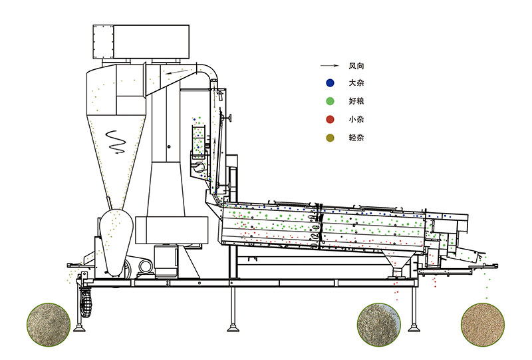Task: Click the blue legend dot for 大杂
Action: click(x=330, y=83)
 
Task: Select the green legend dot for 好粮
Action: click(x=330, y=101)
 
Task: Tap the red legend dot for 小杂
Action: click(x=330, y=119)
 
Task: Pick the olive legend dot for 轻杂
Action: click(x=330, y=138)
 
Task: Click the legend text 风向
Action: click(x=356, y=66)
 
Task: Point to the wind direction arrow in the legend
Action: click(x=329, y=66)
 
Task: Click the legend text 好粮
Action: click(x=356, y=101)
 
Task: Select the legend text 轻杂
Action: click(x=356, y=138)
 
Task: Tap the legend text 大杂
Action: click(x=356, y=83)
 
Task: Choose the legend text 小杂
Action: click(x=356, y=119)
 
